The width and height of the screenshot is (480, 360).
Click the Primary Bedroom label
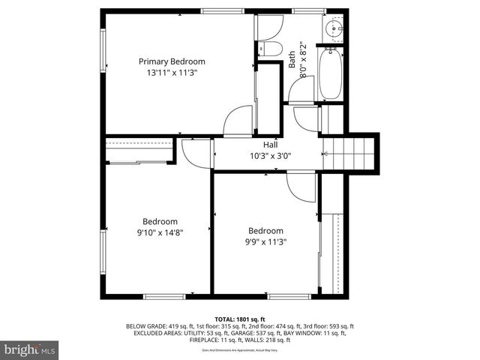(172, 61)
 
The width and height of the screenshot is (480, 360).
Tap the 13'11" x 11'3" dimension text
(172, 73)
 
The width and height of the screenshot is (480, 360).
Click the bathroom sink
(334, 29)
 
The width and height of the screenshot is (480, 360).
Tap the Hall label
(270, 145)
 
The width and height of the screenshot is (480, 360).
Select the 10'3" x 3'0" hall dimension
(270, 157)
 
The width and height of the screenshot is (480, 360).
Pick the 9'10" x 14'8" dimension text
(160, 233)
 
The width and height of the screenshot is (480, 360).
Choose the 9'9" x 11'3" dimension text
(266, 242)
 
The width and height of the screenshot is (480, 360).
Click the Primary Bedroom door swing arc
(238, 122)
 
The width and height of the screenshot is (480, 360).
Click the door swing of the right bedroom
(302, 187)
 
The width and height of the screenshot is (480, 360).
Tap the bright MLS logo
(30, 349)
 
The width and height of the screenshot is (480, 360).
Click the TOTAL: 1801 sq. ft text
(239, 319)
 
